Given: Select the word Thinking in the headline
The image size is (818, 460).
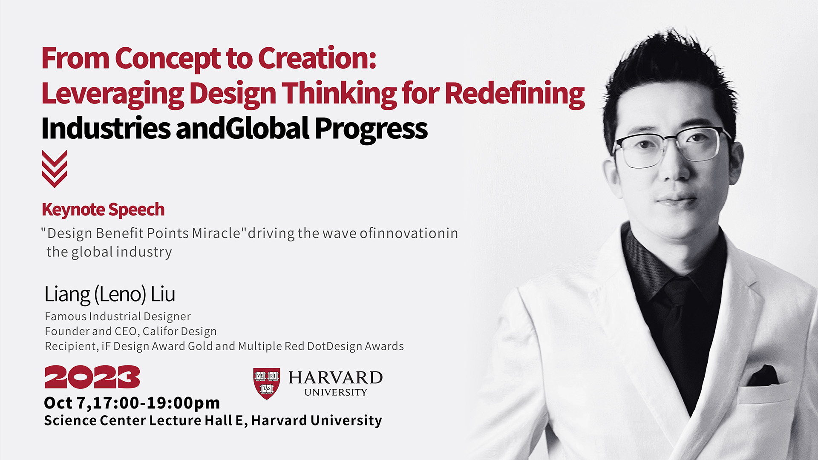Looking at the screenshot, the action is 339,93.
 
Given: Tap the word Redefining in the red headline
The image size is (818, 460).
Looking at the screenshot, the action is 515,93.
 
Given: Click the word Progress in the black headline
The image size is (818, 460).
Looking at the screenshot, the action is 371,129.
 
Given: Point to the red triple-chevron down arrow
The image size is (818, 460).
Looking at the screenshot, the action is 55,169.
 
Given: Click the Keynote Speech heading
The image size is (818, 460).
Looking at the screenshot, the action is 103,210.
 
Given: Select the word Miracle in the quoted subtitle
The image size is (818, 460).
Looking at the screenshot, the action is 216,233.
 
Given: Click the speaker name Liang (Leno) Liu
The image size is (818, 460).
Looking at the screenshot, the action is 110,294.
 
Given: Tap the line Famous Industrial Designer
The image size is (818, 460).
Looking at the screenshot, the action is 118,316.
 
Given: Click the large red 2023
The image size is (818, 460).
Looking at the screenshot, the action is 92,377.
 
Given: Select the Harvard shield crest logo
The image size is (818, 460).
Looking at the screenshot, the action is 267,383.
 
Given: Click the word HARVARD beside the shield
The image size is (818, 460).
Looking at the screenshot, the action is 336,377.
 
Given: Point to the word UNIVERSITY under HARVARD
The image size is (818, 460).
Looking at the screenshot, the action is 336,392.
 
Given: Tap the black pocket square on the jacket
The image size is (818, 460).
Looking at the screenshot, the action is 762,376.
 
